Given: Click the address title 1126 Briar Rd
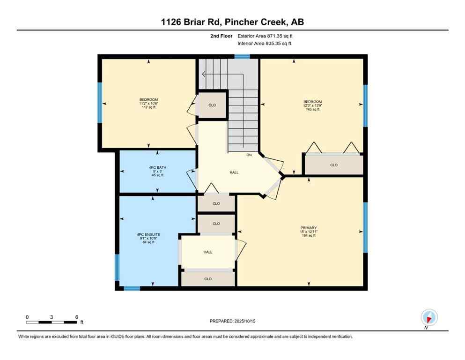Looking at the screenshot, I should point(232,22).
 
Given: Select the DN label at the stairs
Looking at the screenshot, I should point(249,154).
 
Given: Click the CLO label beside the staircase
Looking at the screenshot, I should point(212,105).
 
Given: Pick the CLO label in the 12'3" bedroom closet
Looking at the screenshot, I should point(333,165).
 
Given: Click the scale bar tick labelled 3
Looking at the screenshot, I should point(52,317).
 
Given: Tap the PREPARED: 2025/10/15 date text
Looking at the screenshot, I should point(232,321).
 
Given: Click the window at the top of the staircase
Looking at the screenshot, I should point(242,56).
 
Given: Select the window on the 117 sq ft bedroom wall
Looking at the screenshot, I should point(100,103).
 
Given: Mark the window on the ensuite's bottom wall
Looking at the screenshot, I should point(132,288).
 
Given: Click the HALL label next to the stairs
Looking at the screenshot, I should point(234,172).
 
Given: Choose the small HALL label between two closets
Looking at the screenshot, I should point(208,252).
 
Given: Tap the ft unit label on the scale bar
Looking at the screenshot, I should point(81,322).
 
